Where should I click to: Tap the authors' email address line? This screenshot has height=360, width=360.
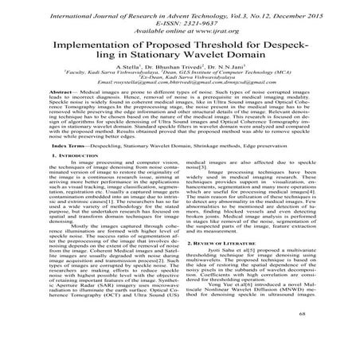pyautogui.click(x=180, y=80)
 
